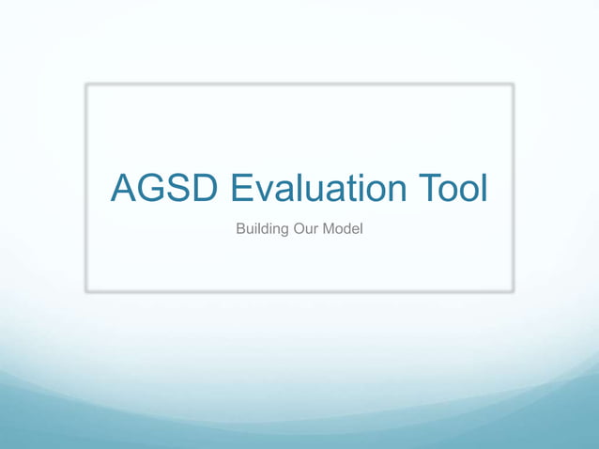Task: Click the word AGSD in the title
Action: pos(165,189)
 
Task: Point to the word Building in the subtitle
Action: pos(262,230)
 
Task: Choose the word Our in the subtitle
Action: pos(307,230)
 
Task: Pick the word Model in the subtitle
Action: pos(343,230)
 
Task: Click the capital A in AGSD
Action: pos(125,189)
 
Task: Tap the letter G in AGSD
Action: pos(153,189)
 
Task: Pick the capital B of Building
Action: pos(240,230)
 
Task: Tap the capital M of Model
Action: pos(329,230)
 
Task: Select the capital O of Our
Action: pos(299,230)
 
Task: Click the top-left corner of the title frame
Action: pos(86,85)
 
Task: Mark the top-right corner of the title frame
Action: pos(514,85)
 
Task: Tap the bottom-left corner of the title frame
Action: pos(86,291)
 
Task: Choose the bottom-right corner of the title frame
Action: pos(514,291)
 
